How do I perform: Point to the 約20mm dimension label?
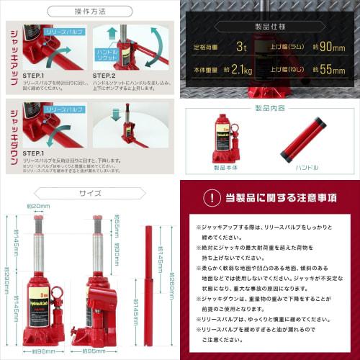[38, 207]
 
